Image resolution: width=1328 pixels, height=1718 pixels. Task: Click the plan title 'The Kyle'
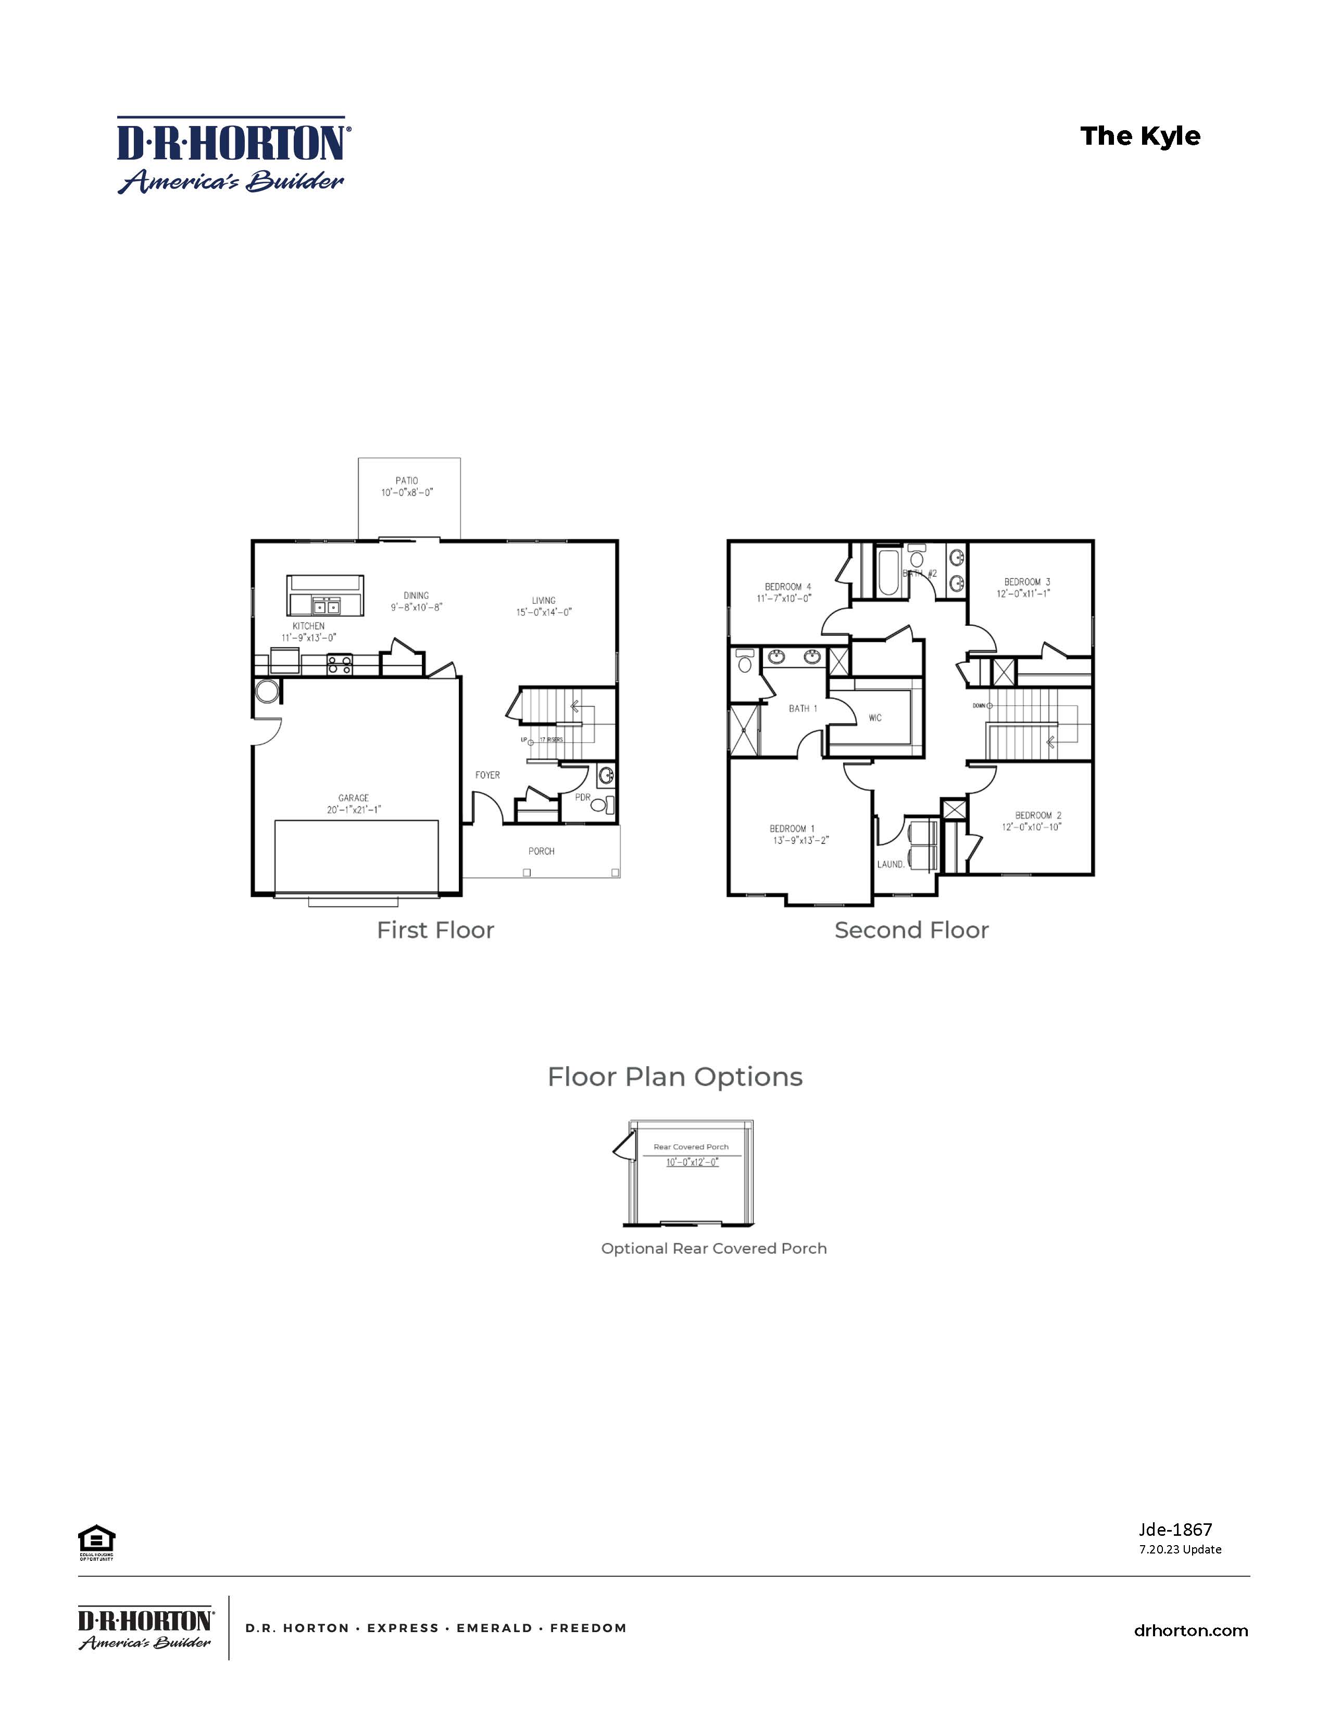pos(1140,136)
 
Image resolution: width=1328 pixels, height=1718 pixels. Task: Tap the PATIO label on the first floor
pos(407,480)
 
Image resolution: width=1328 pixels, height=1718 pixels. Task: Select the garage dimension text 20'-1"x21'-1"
pos(354,810)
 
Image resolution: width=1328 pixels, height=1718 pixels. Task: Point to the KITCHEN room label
pos(308,626)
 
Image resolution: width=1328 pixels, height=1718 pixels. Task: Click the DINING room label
pos(416,596)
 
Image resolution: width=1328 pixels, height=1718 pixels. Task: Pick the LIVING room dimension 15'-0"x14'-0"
pos(544,612)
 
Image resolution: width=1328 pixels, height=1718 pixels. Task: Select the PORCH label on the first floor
pos(541,851)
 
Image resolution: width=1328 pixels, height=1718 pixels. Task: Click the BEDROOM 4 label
pos(787,587)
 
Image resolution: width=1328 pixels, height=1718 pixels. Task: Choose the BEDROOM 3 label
pos(1026,582)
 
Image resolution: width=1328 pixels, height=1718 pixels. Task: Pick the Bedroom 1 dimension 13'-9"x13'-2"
pos(801,840)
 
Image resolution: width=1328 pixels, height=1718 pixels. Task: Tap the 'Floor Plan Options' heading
pos(675,1077)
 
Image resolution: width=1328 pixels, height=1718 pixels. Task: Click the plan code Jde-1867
pos(1175,1529)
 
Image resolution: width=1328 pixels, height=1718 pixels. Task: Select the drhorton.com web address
pos(1191,1631)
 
